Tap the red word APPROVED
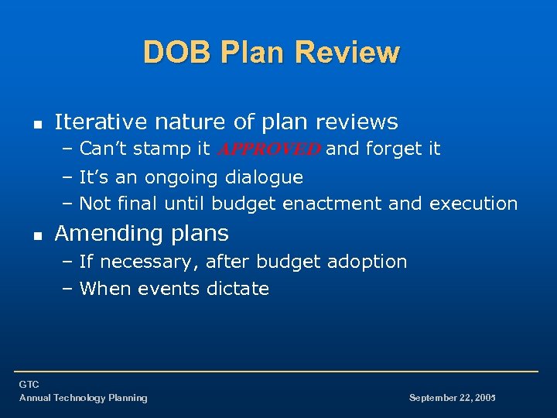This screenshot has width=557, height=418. [x=269, y=149]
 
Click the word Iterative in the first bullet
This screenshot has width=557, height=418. [x=101, y=122]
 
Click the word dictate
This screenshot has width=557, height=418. [x=238, y=289]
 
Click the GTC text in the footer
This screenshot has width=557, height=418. [x=29, y=385]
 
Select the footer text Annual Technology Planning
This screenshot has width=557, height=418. [x=83, y=398]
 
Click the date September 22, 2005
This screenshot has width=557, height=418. [x=452, y=398]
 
